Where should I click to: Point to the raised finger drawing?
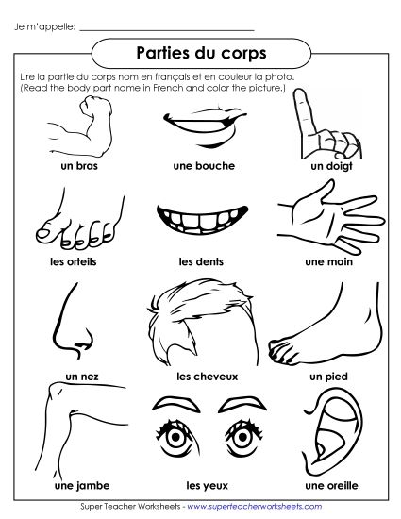[319, 123]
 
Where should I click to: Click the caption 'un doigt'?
[328, 165]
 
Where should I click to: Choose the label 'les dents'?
[200, 261]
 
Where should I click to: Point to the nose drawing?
[74, 326]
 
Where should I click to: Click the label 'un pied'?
[328, 376]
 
